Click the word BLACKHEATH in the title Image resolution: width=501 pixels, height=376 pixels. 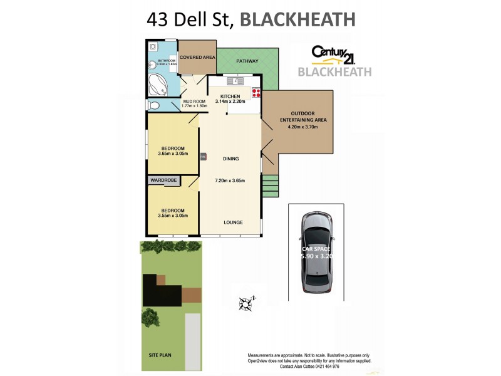(298, 19)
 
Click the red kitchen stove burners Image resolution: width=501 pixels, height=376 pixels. (256, 93)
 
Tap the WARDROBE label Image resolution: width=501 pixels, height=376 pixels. (163, 180)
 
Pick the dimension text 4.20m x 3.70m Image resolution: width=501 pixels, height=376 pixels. (302, 127)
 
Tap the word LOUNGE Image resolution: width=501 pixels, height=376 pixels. (233, 222)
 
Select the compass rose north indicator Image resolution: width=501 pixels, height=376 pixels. (246, 305)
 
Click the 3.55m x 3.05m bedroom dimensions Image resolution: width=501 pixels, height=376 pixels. (173, 216)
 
